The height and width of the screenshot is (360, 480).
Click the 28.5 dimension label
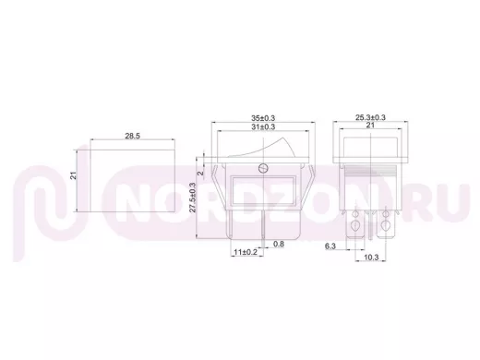[x=132, y=136]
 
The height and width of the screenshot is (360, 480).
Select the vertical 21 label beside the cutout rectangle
[x=73, y=175]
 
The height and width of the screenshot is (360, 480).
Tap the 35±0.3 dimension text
[x=263, y=118]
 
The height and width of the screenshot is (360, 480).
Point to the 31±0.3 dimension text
[x=263, y=126]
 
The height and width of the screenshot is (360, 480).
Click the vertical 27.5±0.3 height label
[x=193, y=198]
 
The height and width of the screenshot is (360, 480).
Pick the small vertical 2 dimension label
[x=200, y=174]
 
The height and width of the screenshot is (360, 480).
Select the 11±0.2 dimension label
[x=246, y=252]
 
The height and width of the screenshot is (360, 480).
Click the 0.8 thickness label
[x=279, y=244]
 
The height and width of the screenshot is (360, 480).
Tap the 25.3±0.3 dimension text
[x=370, y=117]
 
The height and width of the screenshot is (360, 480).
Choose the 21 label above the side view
[x=370, y=125]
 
